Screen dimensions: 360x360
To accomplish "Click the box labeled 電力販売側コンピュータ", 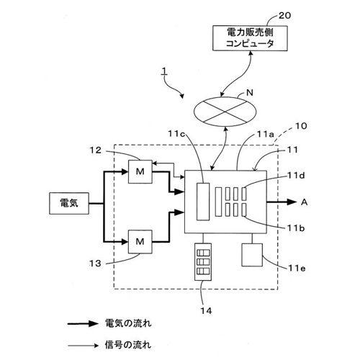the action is (x=250, y=38).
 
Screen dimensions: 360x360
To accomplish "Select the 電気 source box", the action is (x=69, y=203).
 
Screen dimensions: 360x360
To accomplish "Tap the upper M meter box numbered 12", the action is (x=140, y=171).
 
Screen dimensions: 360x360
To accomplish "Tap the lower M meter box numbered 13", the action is (x=140, y=242).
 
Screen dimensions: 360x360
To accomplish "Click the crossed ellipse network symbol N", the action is (x=225, y=112).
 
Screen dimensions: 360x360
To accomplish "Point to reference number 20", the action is (x=285, y=16).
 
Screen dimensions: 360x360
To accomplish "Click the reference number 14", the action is (x=207, y=311).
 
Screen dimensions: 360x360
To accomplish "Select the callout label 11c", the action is (x=176, y=134).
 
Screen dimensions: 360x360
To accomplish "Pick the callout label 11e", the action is (x=297, y=268).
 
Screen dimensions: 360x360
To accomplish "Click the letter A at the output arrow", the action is (x=304, y=202).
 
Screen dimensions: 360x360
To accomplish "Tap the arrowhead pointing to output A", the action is (x=292, y=202).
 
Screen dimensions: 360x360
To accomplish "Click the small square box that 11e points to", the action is (x=252, y=255).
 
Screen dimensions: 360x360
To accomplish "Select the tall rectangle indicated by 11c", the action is (x=203, y=202).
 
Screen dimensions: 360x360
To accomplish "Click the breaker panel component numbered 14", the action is (x=203, y=262).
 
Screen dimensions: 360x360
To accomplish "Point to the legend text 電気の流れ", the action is (x=128, y=323).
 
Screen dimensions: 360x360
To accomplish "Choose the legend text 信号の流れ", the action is (x=128, y=345).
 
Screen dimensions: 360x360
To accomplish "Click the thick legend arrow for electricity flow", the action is (x=83, y=324).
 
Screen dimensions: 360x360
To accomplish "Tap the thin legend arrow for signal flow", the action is (x=83, y=346).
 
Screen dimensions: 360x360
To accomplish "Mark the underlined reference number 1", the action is (x=164, y=71).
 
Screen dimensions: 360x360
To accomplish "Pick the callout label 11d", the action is (x=297, y=176).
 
